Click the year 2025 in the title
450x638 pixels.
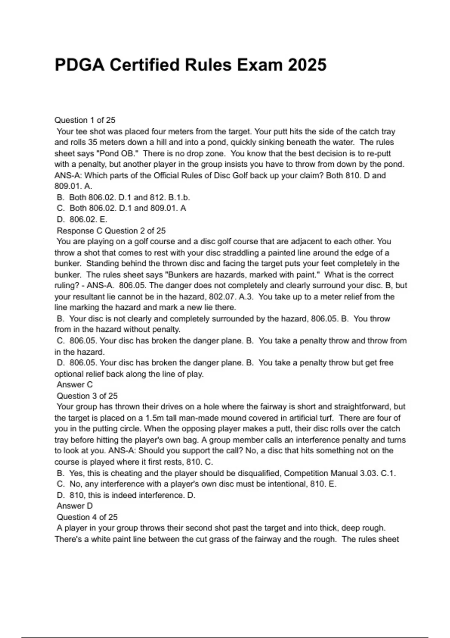click(307, 65)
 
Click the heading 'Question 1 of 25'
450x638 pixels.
click(85, 120)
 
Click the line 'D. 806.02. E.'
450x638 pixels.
click(82, 219)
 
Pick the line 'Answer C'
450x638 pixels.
click(74, 385)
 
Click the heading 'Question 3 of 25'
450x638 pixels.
click(87, 396)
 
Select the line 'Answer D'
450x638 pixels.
click(74, 506)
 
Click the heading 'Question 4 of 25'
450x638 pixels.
click(87, 517)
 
